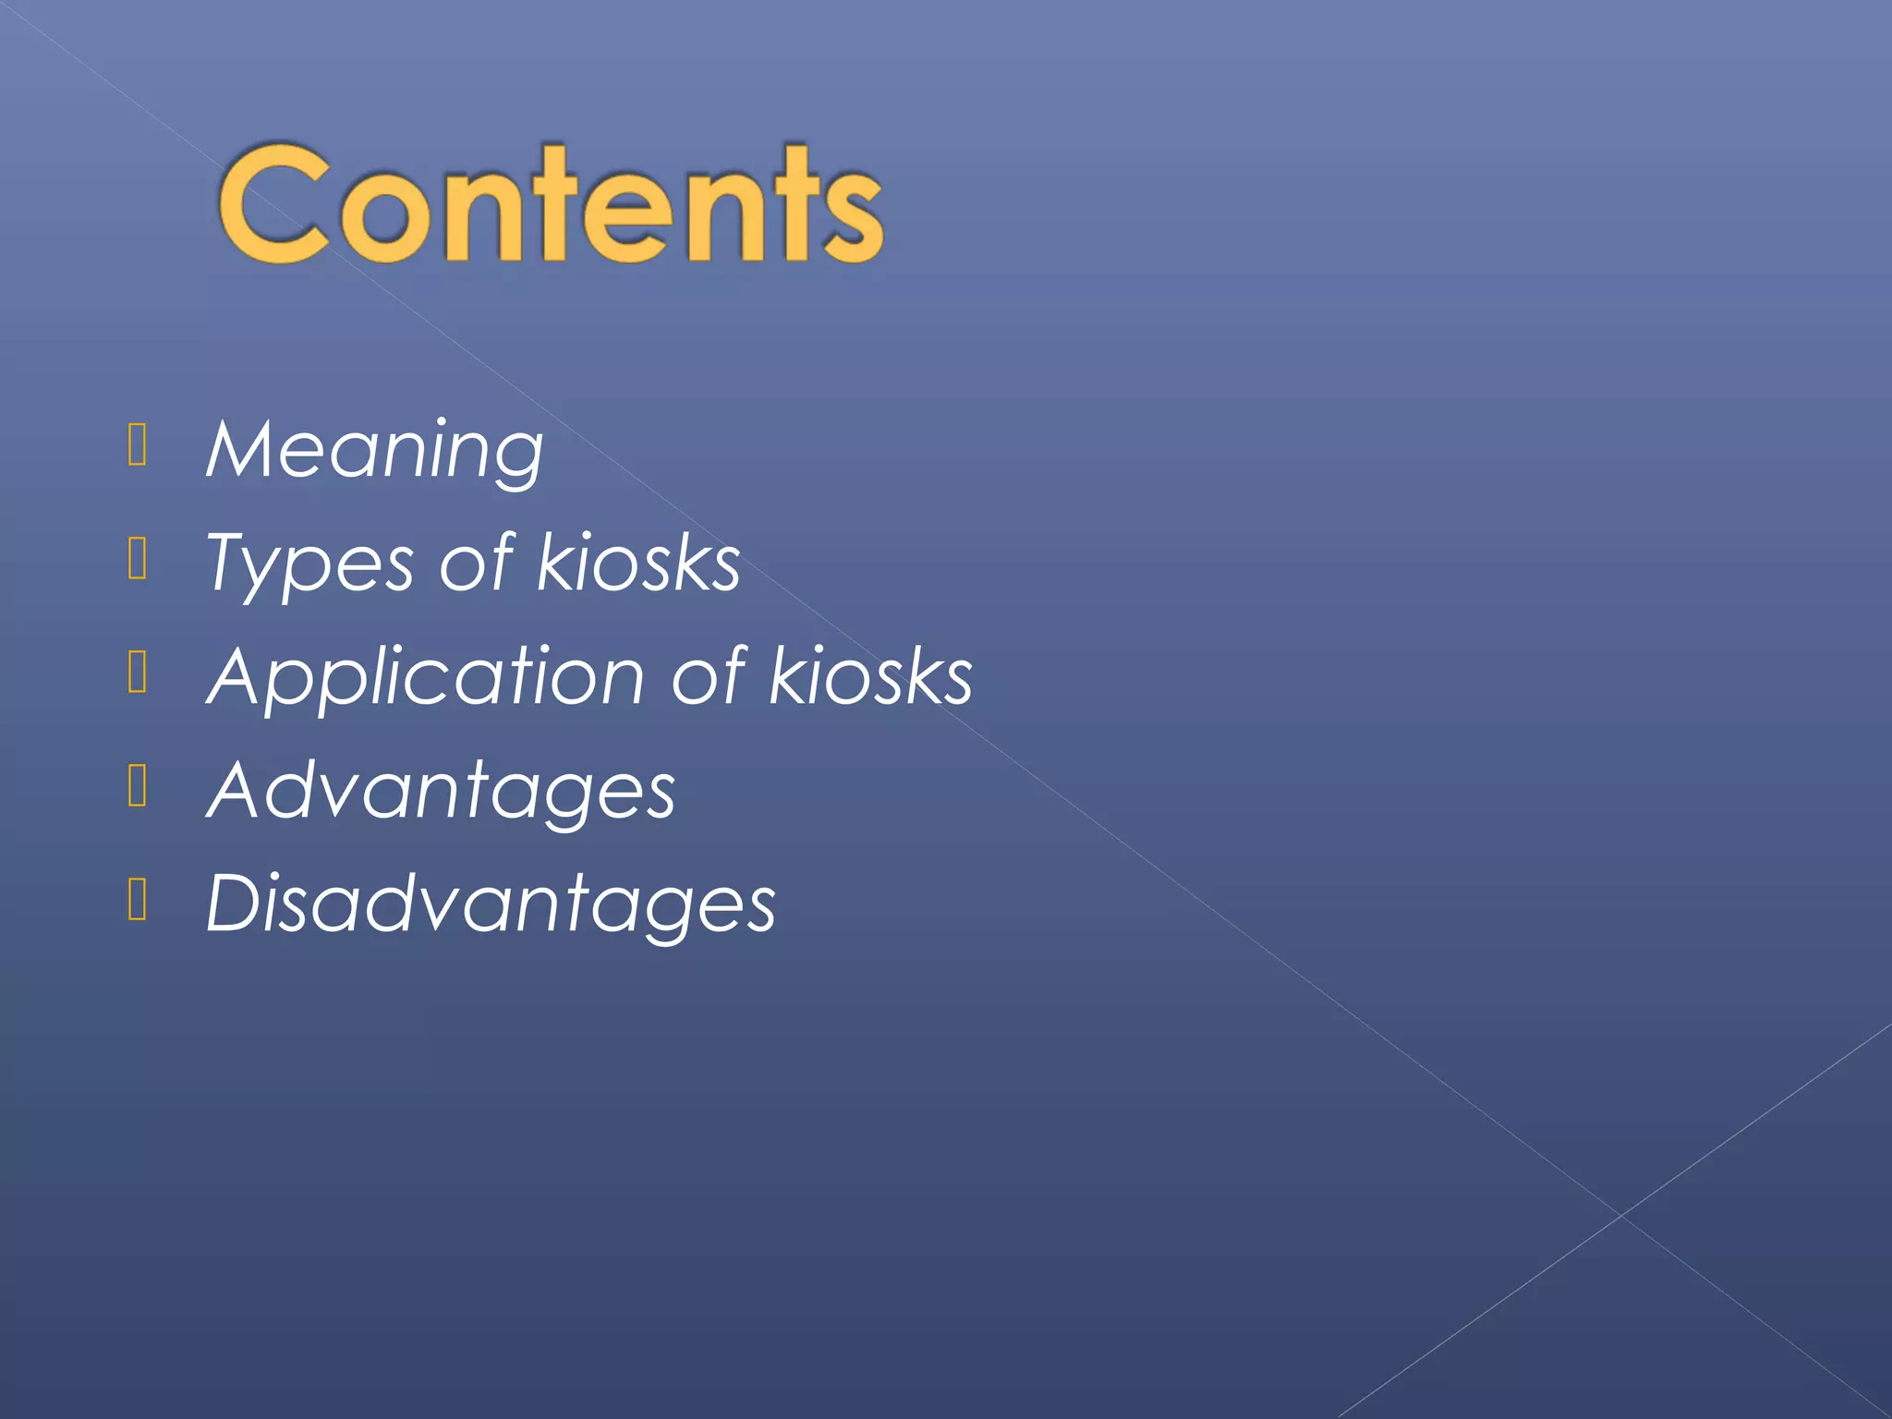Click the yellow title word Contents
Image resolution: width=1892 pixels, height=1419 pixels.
tap(552, 205)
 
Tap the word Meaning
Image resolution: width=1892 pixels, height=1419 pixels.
tap(375, 450)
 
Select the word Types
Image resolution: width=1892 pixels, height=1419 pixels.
tap(309, 564)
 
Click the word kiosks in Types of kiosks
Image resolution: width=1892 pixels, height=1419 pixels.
tap(638, 563)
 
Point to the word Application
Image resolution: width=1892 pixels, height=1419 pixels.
tap(426, 678)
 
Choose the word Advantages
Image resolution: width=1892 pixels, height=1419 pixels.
tap(442, 792)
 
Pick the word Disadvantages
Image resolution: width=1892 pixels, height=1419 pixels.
tap(491, 904)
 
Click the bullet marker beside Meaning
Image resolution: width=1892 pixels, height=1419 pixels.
tap(138, 444)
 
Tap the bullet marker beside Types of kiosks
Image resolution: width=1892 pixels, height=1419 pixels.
tap(138, 558)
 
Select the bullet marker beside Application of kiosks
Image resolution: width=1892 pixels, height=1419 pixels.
tap(138, 672)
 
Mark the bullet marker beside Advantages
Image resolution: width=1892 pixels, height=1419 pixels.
tap(138, 785)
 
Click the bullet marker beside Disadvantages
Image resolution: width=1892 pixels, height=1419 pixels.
tap(138, 899)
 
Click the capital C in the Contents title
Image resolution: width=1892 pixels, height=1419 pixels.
tap(273, 205)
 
